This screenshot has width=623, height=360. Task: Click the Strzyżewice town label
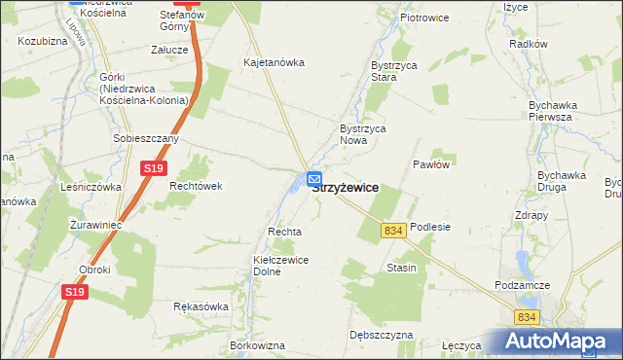pyautogui.click(x=347, y=188)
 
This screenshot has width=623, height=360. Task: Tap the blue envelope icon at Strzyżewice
pyautogui.click(x=314, y=179)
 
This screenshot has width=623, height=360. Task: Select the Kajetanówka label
pyautogui.click(x=274, y=62)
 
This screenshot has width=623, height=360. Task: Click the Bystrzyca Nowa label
pyautogui.click(x=363, y=134)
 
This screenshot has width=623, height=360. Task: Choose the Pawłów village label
pyautogui.click(x=430, y=164)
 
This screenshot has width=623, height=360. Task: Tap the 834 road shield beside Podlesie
pyautogui.click(x=393, y=231)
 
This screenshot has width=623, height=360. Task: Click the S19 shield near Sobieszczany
pyautogui.click(x=152, y=168)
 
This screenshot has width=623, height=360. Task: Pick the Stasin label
pyautogui.click(x=401, y=268)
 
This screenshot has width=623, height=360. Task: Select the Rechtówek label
pyautogui.click(x=197, y=186)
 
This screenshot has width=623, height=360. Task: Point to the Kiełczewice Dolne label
pyautogui.click(x=280, y=266)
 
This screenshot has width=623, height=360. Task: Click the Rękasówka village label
pyautogui.click(x=201, y=306)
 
